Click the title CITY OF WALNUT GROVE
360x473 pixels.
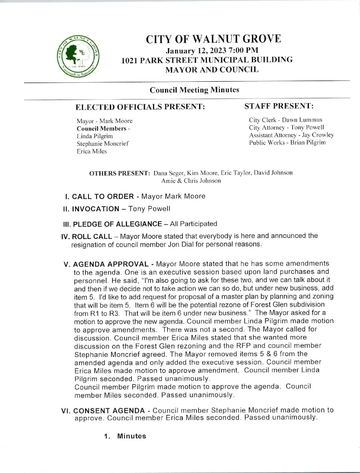coord(213,39)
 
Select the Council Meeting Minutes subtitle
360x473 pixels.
coord(194,90)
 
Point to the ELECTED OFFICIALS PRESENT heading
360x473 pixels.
coord(140,107)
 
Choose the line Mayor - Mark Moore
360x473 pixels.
coord(104,121)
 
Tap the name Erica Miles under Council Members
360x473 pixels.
coord(92,151)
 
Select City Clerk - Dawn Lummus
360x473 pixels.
coord(285,120)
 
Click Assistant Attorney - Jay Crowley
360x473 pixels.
coord(291,135)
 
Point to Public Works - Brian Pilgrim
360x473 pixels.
coord(287,143)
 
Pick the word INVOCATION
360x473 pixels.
coord(96,209)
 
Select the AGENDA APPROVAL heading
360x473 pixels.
coord(111,264)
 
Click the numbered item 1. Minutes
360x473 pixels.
coord(125,436)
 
